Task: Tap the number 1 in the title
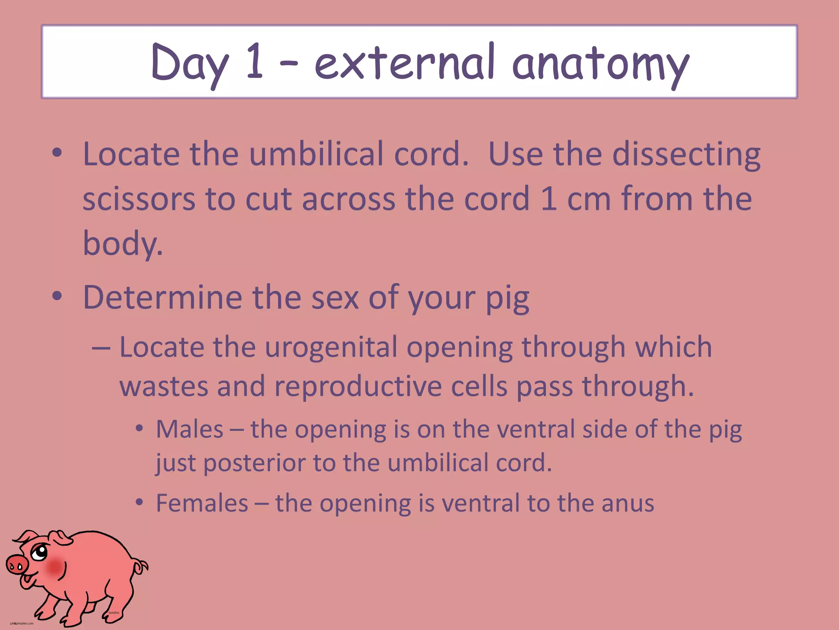pos(255,62)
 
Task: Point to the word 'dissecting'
pos(686,155)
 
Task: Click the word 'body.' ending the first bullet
pos(123,243)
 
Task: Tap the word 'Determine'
pos(162,297)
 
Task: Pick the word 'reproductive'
pos(358,387)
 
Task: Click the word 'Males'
pos(189,429)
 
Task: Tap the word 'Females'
pos(202,503)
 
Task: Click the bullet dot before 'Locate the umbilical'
pos(57,153)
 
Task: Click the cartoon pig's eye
pos(40,552)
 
